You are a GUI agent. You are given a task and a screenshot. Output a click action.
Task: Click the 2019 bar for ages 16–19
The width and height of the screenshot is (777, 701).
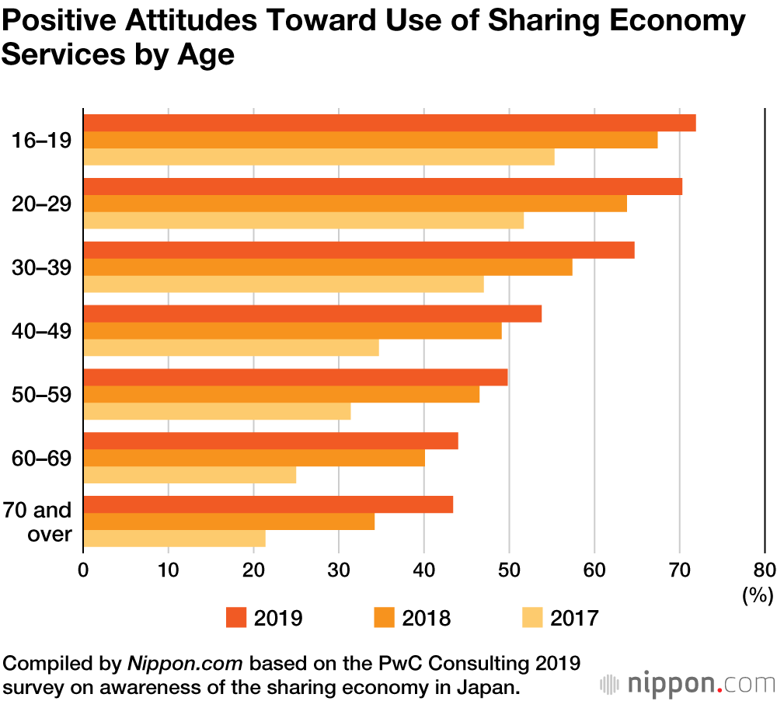coord(388,124)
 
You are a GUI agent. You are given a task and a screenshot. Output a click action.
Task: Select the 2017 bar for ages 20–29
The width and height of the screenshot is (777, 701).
coord(303,220)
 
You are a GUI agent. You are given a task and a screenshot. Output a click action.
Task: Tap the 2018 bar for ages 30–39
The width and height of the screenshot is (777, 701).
coord(327,267)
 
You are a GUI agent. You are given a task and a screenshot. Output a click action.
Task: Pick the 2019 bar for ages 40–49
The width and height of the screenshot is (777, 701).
coord(312,314)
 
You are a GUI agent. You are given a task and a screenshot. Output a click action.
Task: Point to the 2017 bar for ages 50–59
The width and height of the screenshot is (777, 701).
coord(217,410)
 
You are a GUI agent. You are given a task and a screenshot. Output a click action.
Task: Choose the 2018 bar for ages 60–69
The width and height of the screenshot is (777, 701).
coord(253,458)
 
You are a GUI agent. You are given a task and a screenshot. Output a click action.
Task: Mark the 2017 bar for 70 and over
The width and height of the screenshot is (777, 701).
coord(174,538)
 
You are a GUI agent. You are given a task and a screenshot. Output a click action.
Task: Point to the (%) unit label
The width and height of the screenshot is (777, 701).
coord(758,596)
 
